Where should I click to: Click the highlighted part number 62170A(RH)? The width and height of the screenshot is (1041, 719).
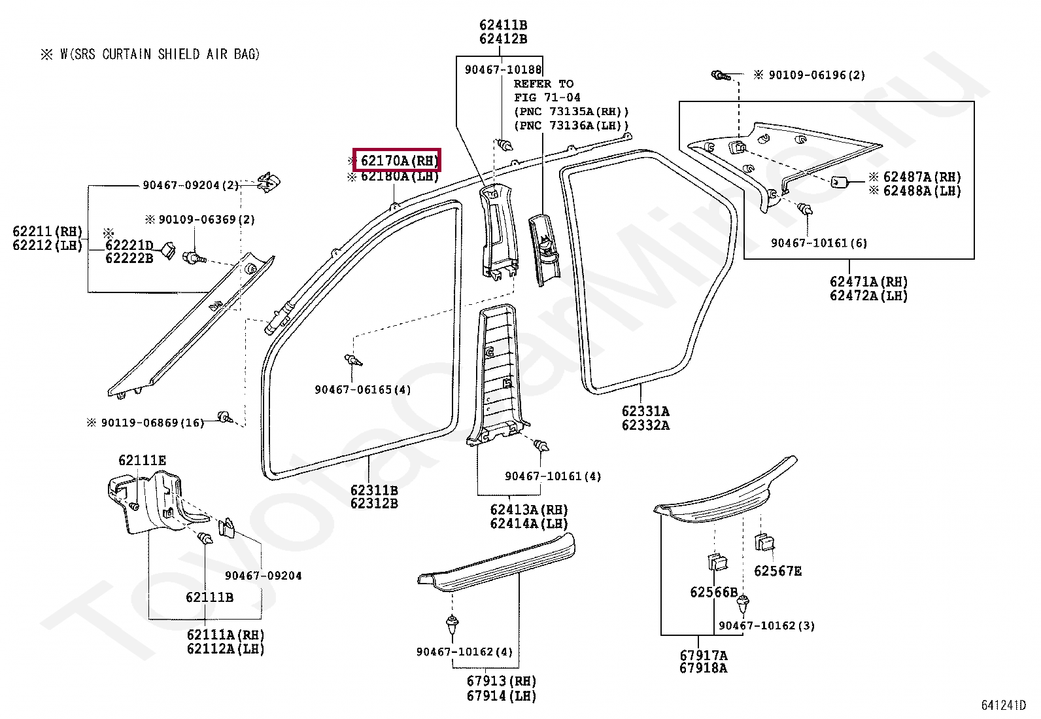[400, 161]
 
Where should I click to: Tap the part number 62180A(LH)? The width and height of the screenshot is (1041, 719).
[400, 177]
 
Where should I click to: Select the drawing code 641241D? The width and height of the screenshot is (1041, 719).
[1003, 705]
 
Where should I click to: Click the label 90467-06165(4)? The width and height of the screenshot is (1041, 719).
[363, 390]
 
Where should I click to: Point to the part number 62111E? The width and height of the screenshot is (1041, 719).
[142, 461]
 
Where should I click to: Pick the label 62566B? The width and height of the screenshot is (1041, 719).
[714, 593]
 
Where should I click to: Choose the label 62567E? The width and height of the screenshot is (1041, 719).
[777, 571]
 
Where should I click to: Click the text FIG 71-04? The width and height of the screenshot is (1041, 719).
[547, 97]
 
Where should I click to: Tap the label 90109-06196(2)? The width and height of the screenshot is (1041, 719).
[817, 75]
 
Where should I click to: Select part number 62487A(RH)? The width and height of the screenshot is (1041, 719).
[922, 177]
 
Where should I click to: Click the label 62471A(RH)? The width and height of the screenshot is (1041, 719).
[868, 282]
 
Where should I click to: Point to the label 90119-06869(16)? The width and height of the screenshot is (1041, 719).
[152, 423]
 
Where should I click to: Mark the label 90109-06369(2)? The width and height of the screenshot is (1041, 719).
[207, 220]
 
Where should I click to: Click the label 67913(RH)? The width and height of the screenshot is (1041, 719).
[502, 681]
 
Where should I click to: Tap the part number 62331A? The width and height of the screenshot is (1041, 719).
[645, 412]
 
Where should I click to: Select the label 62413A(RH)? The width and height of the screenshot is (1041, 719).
[529, 510]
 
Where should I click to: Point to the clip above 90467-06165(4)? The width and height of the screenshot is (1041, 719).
[353, 360]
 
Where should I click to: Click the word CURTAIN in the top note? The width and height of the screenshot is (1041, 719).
[127, 54]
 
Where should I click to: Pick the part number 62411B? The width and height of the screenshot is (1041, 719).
[503, 25]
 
